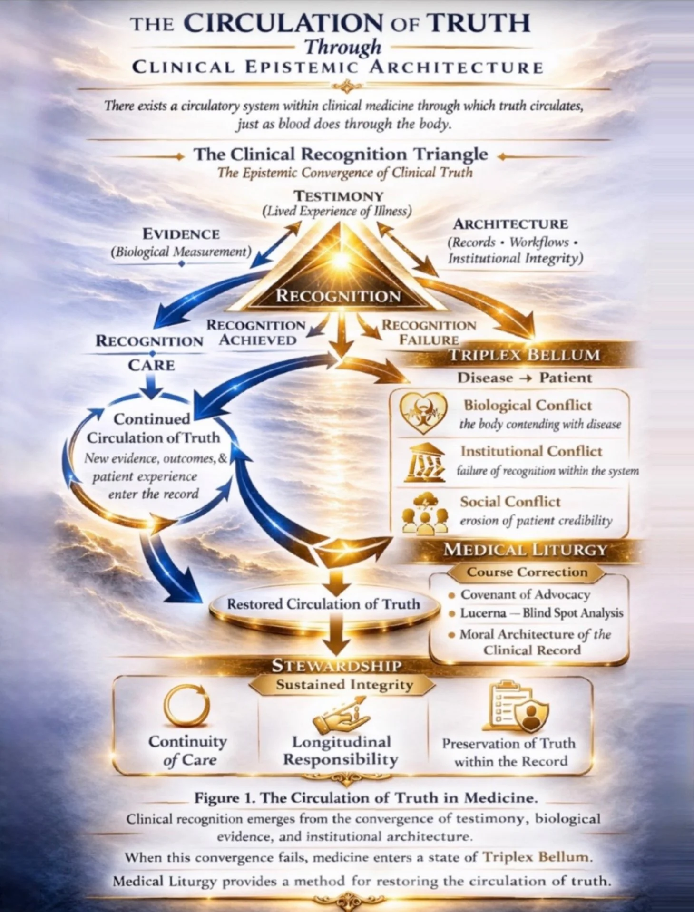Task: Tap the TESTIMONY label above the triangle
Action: [339, 196]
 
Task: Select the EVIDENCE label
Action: [181, 234]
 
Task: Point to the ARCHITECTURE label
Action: [510, 224]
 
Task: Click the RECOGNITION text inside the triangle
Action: [338, 296]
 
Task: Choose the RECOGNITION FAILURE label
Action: [429, 332]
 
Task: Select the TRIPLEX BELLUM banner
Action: [524, 355]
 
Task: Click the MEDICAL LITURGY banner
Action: [525, 550]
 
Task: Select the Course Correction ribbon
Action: [527, 572]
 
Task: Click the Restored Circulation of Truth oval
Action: [323, 604]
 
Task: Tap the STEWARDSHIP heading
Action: [337, 666]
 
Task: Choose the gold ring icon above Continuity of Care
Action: [186, 707]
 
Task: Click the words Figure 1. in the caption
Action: [225, 797]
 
